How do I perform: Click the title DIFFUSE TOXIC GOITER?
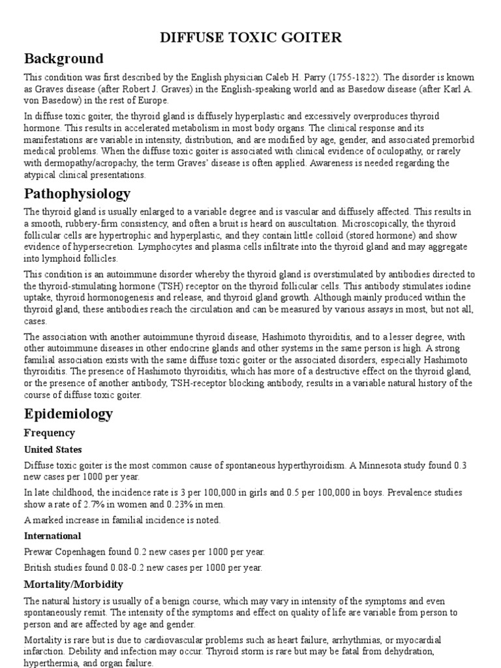(251, 38)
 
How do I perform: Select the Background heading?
(63, 59)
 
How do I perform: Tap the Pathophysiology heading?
(77, 194)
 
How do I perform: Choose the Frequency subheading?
(50, 433)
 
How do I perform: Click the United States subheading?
(53, 450)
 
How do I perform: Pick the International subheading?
(53, 536)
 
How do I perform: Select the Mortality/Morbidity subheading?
(74, 584)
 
